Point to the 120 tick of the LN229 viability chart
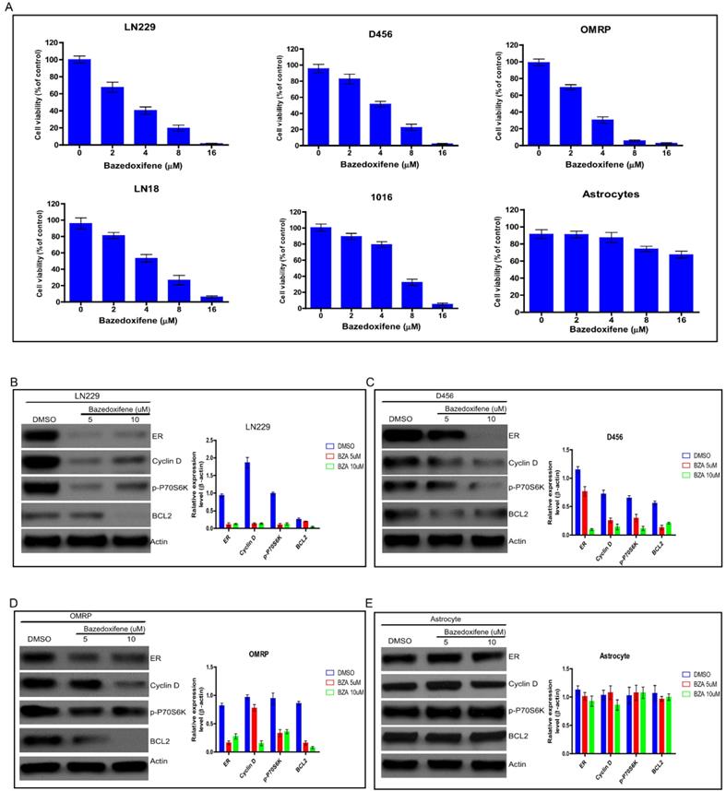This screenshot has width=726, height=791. pos(53,44)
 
